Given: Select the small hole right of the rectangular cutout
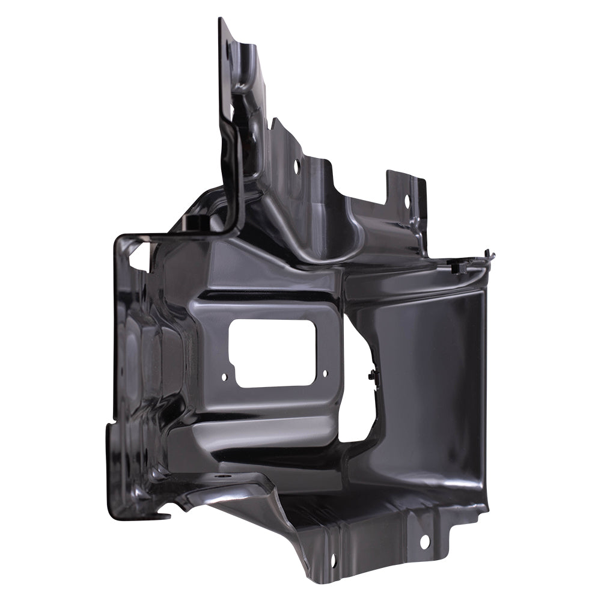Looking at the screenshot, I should coord(325,373).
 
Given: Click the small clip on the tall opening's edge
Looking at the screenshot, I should coord(372,376).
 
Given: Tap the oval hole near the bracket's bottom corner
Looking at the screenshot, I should coord(332,561).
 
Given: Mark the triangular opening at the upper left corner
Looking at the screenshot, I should coord(137,257).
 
